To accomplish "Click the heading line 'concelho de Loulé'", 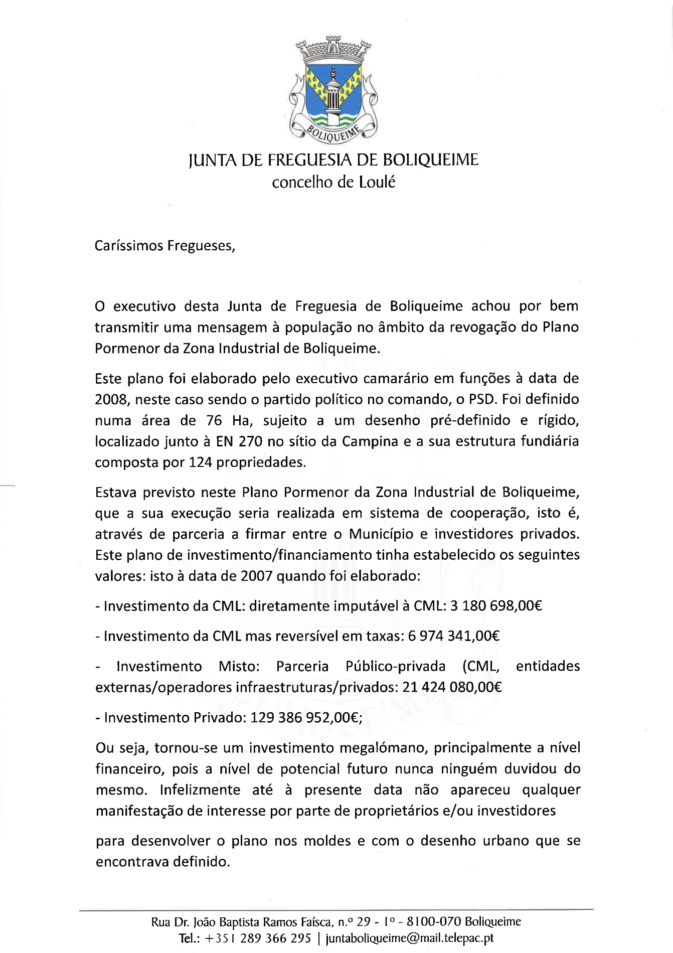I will point(333,183).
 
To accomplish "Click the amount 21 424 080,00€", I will point(452,687).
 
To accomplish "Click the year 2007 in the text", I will point(256,576).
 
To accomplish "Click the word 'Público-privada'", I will point(395,666).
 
